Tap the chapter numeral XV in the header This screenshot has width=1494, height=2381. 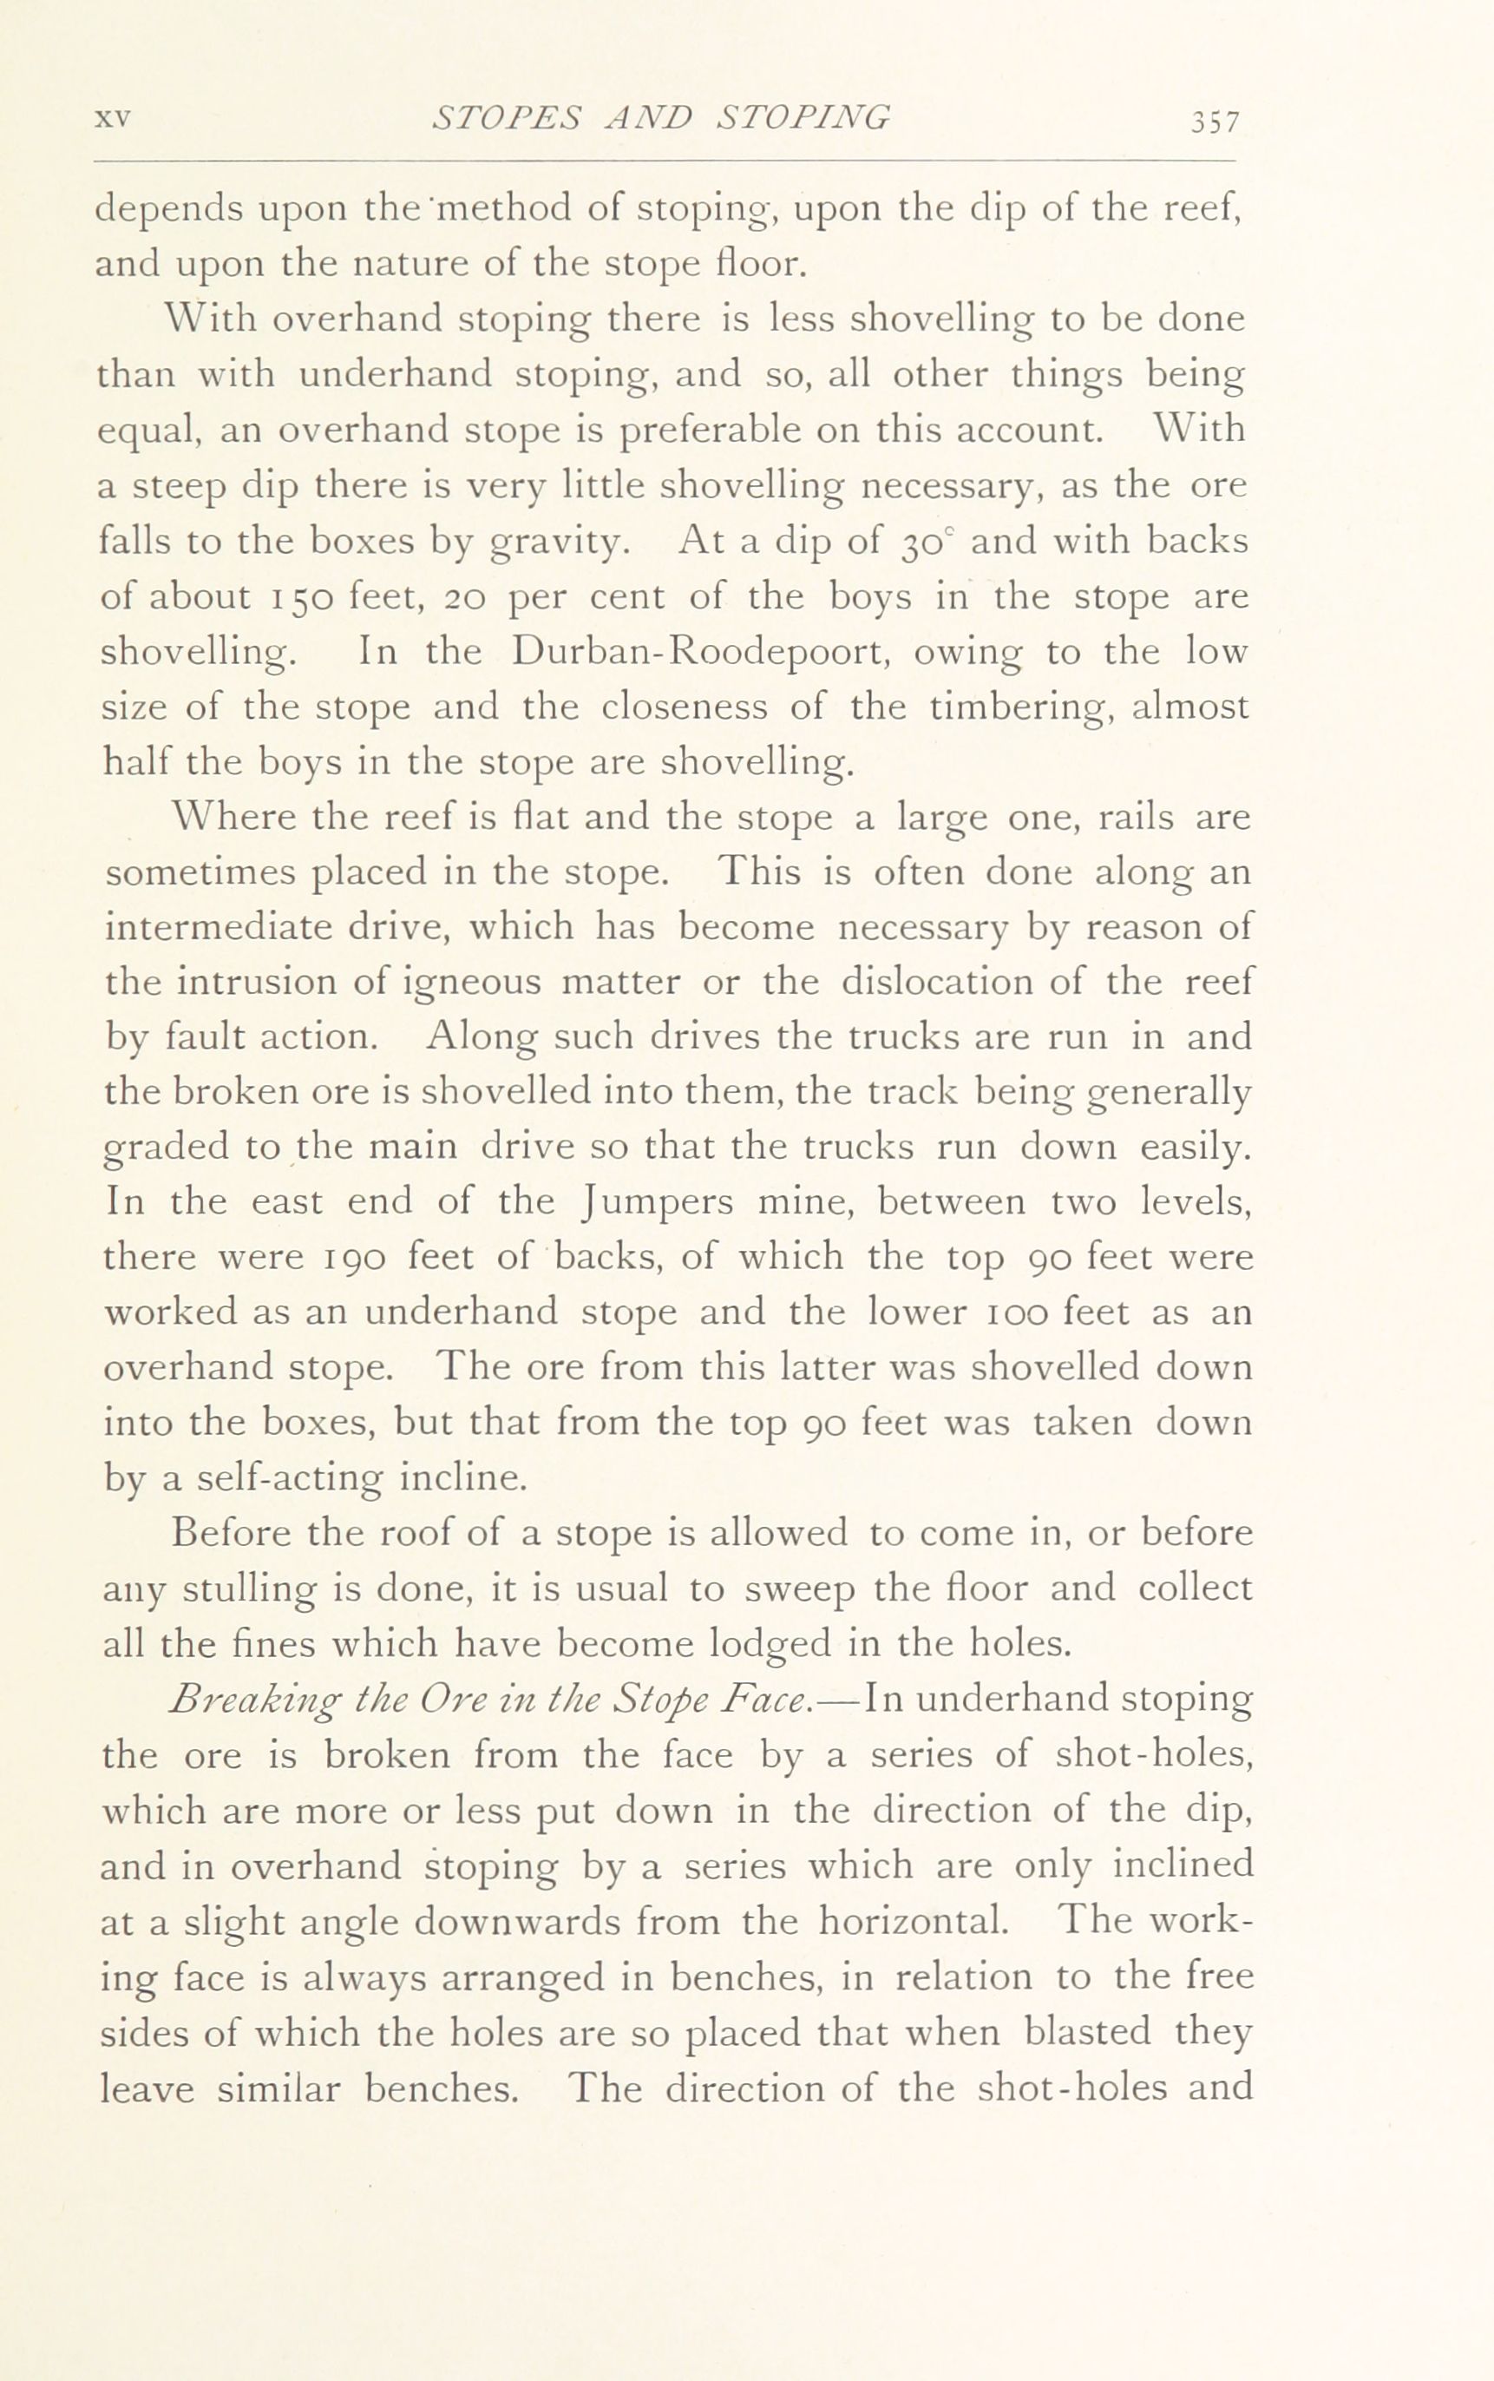pyautogui.click(x=113, y=119)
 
